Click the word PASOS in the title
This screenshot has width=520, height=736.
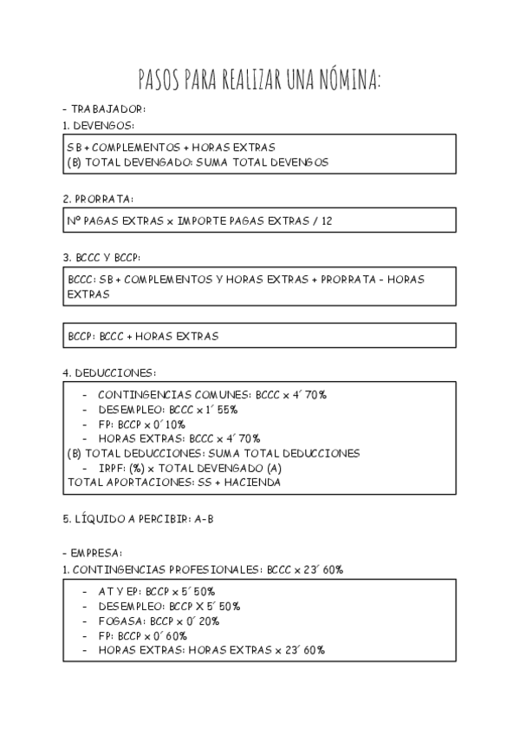158,81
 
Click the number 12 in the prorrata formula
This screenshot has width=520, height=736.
327,220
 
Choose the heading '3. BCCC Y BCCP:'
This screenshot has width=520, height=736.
102,258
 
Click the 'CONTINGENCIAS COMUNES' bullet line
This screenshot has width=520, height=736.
205,395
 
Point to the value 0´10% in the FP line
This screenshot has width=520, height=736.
169,424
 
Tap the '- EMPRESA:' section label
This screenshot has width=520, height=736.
93,553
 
